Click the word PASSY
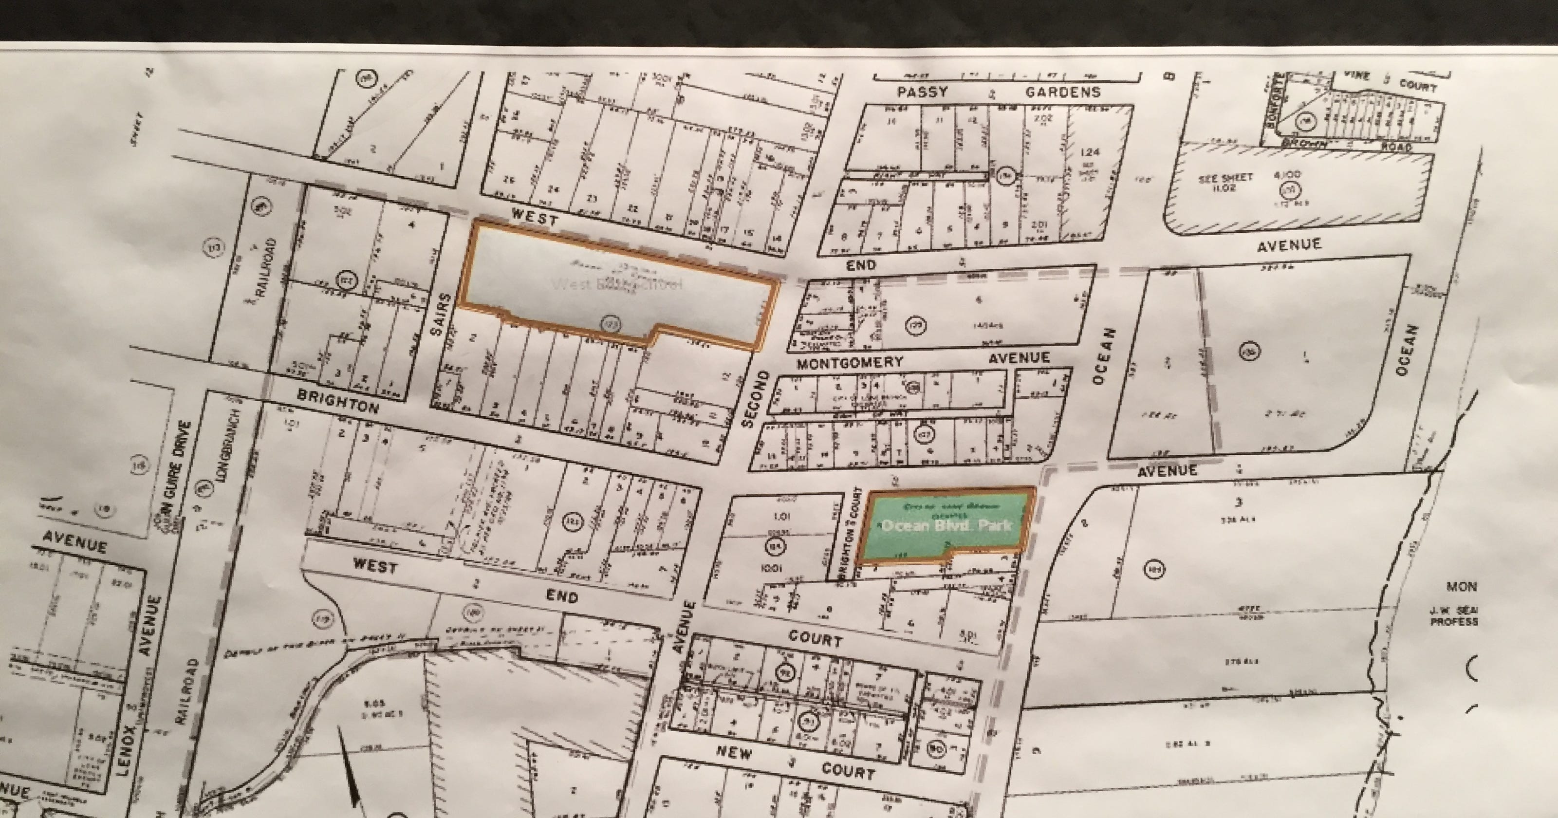click(x=922, y=93)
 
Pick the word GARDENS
click(x=1063, y=93)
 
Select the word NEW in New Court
click(x=734, y=753)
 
